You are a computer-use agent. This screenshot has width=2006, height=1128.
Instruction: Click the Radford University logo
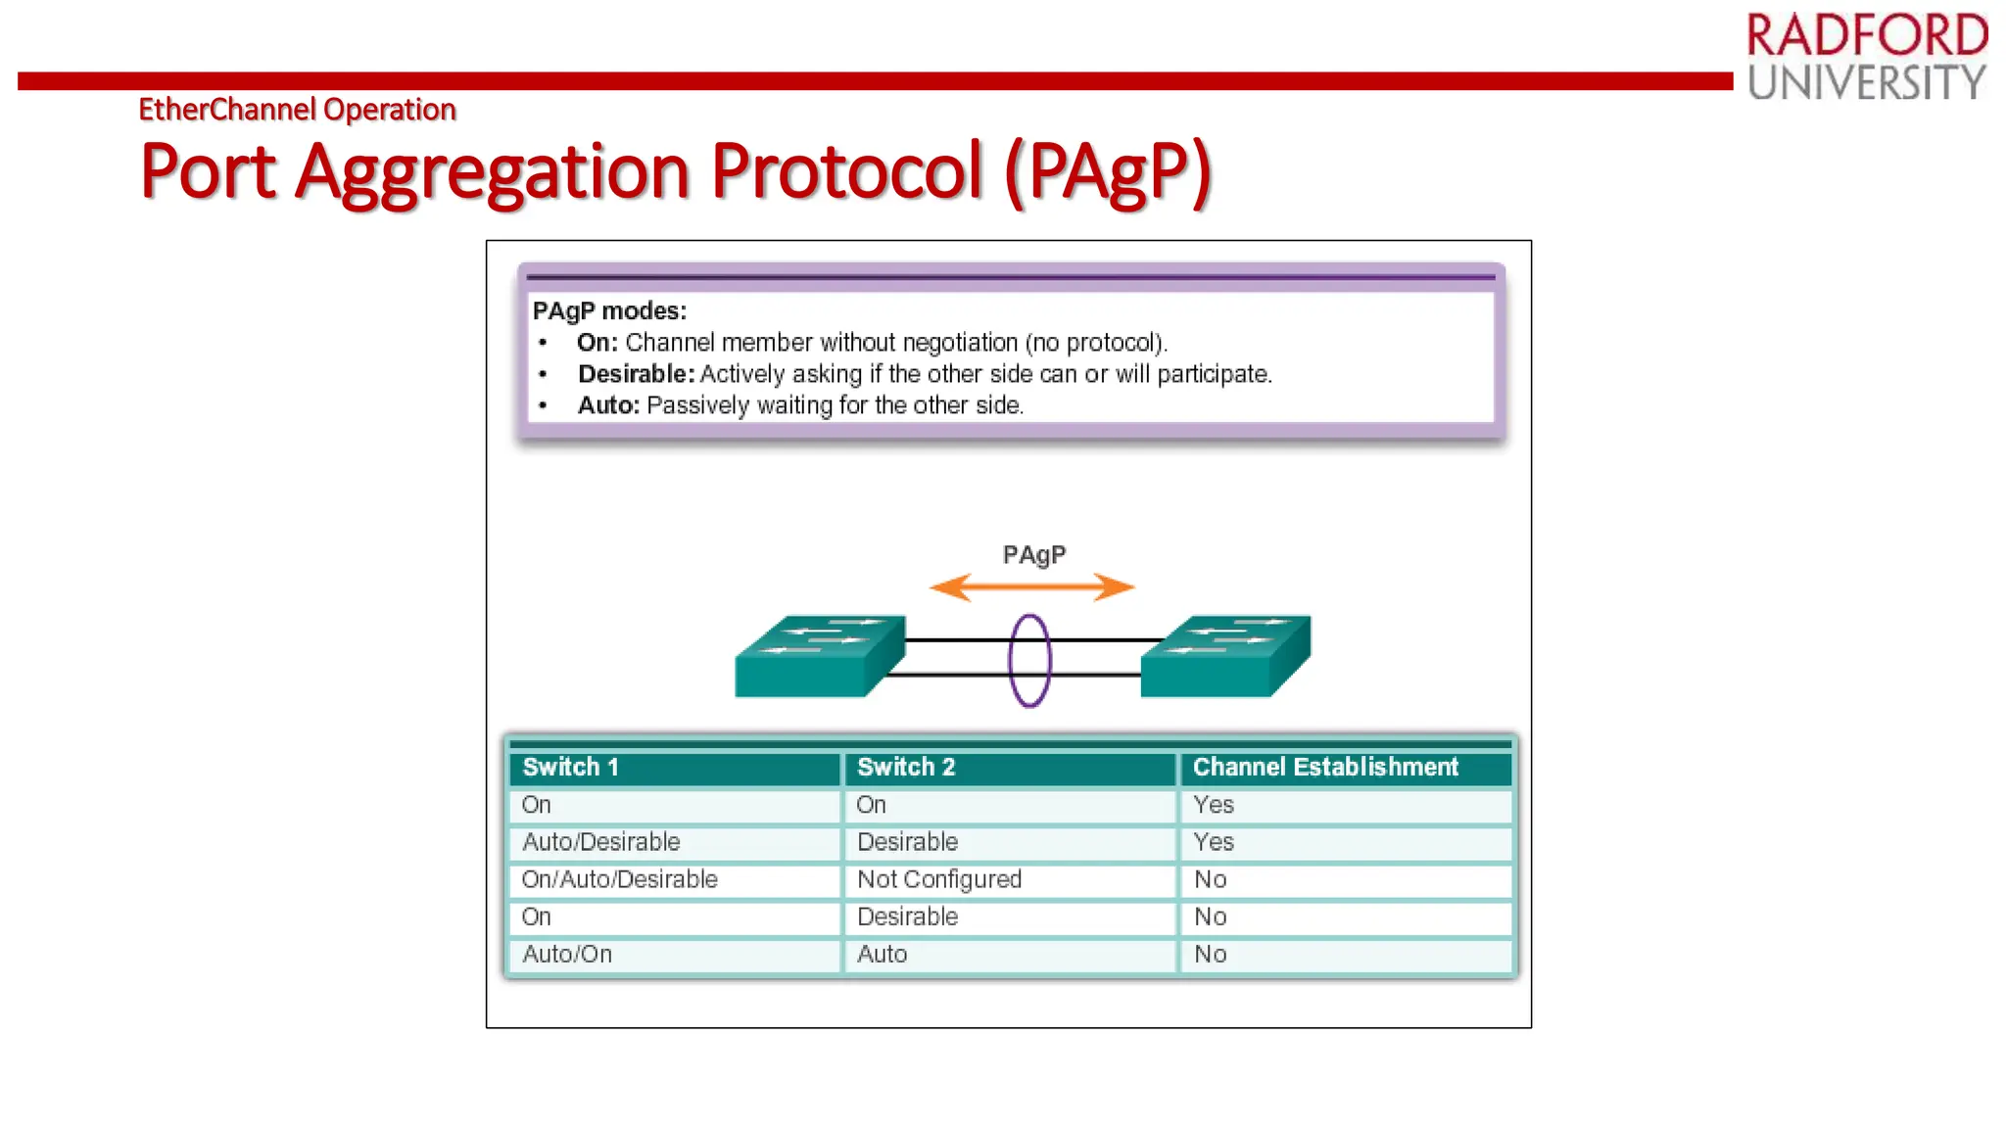(1867, 57)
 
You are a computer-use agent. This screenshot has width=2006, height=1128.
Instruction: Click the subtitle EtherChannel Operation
(297, 109)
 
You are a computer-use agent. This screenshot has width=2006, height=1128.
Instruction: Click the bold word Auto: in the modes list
(608, 405)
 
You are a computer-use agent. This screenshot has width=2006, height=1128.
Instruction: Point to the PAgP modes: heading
(609, 311)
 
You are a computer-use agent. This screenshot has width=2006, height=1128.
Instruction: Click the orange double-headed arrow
(1031, 587)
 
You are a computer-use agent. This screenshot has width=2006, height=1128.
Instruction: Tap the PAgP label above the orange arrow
(1034, 555)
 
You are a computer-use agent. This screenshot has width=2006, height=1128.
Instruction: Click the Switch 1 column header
(571, 768)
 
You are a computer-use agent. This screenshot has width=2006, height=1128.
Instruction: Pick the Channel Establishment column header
(1325, 768)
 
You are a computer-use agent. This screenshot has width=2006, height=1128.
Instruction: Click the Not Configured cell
(938, 879)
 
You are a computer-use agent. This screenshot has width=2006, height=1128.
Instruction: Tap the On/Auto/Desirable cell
(619, 879)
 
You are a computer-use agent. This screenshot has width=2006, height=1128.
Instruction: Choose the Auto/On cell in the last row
(567, 954)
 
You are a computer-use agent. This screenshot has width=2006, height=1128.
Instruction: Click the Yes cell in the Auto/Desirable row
(1214, 842)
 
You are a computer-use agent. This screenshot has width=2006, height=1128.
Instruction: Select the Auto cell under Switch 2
(882, 954)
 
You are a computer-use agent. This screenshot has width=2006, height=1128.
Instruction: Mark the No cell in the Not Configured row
(1210, 879)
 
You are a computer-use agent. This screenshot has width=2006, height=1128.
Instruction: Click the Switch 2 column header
(906, 768)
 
